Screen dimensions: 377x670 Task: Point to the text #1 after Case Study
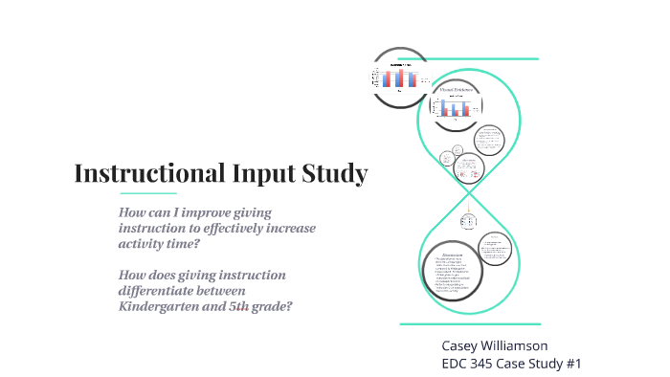(x=572, y=364)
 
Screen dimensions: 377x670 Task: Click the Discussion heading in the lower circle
(x=452, y=255)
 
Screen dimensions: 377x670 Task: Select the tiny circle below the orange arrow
(x=468, y=221)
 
